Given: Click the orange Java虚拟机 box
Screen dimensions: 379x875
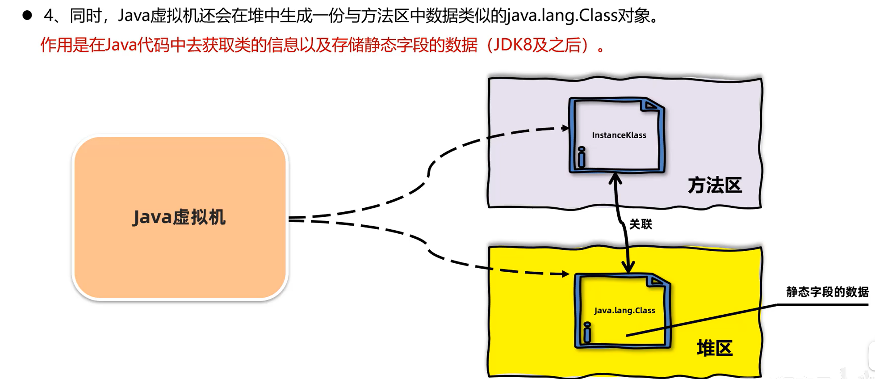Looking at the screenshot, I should click(x=180, y=217).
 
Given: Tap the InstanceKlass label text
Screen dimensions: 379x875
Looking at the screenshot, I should click(x=619, y=135).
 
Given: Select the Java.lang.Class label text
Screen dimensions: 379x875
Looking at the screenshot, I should click(x=624, y=310).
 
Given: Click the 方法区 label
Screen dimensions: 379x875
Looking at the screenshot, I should click(x=715, y=185).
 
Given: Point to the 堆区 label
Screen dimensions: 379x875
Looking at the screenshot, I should click(x=715, y=348).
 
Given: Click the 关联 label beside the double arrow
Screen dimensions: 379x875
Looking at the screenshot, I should click(x=641, y=224).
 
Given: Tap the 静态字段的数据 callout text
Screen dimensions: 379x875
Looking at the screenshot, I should click(x=827, y=292).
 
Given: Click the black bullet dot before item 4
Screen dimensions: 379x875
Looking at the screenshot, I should click(x=27, y=16).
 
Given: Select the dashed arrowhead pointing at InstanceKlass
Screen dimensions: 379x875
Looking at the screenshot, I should click(x=565, y=128).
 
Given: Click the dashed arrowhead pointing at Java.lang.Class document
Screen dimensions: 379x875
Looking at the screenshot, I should click(x=565, y=274).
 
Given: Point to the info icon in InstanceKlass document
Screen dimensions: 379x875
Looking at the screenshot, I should click(x=582, y=157).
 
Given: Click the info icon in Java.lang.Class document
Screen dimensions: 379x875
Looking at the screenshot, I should click(x=587, y=332).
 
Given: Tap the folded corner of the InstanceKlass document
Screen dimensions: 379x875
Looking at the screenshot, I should click(x=652, y=105).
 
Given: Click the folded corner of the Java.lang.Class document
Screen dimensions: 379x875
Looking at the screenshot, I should click(x=657, y=281).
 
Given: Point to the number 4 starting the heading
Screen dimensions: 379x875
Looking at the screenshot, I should click(x=49, y=16).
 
